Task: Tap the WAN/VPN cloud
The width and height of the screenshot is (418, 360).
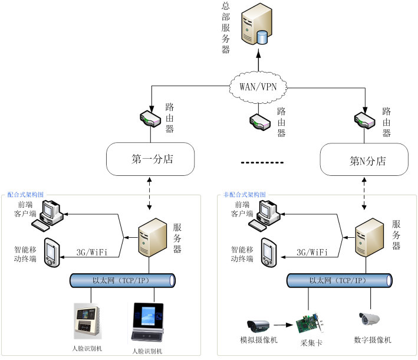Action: point(262,86)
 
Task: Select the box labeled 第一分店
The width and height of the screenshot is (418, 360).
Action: point(151,159)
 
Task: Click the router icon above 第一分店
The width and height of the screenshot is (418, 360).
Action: point(150,118)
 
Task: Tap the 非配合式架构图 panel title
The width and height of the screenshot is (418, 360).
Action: point(245,194)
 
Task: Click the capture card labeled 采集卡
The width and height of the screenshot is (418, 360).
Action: point(311,323)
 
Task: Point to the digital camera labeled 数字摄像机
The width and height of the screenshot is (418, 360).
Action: point(371,319)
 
